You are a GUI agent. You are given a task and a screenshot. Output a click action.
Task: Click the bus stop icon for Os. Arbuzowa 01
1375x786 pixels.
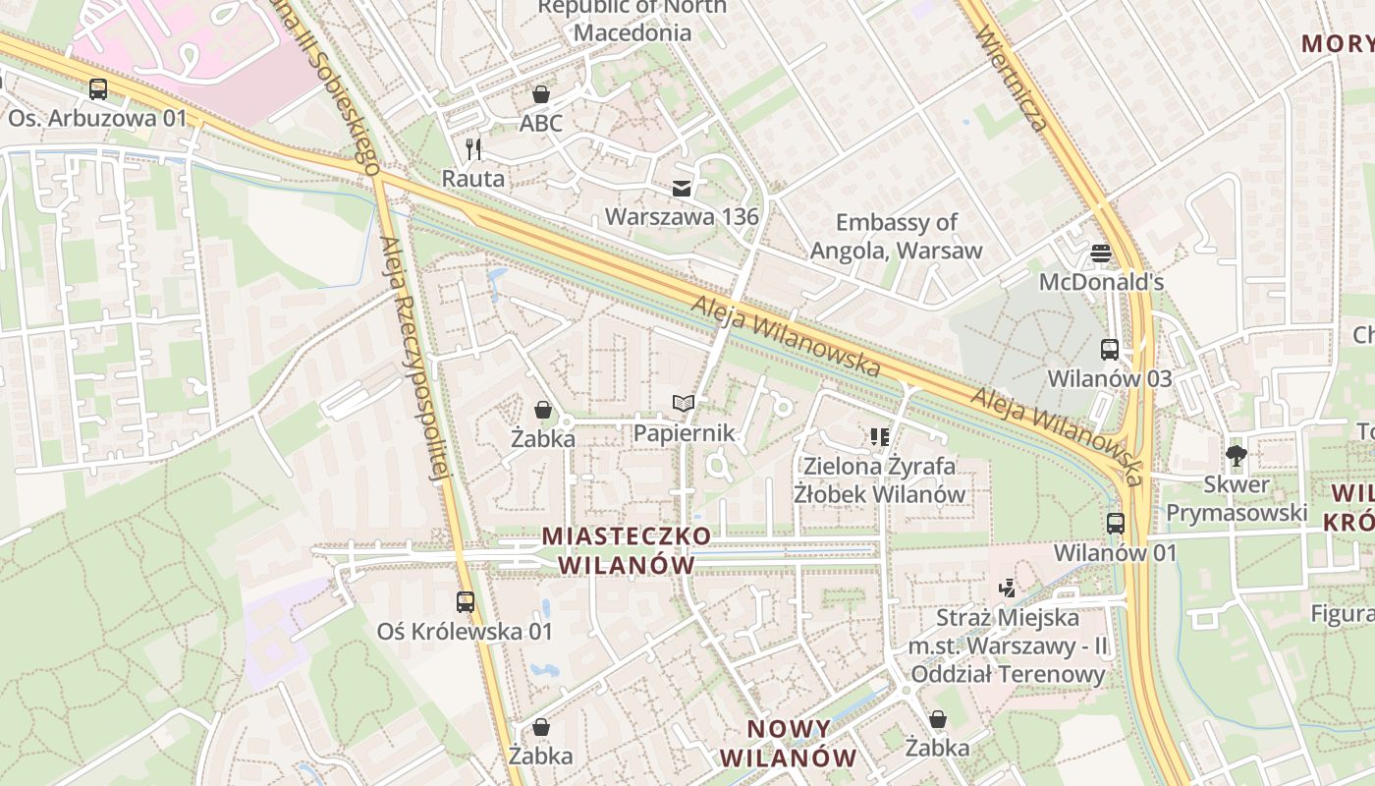(98, 88)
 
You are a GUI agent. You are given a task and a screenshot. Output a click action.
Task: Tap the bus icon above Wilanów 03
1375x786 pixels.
(1110, 350)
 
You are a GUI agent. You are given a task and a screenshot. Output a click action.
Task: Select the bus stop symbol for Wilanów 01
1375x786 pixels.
(1116, 524)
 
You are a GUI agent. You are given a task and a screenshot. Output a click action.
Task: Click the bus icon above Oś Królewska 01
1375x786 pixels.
(466, 602)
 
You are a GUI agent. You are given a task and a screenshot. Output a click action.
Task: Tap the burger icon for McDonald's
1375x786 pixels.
(1101, 253)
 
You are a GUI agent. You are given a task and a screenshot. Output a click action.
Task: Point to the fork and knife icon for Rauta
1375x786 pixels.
(474, 149)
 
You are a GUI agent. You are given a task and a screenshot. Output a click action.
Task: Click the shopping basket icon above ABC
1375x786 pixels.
(541, 94)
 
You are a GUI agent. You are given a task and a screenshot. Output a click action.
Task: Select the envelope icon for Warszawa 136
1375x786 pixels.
(682, 188)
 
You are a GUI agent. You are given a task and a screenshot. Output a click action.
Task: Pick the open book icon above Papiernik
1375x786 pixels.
(684, 404)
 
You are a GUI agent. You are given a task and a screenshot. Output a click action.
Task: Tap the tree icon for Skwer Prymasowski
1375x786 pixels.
(1236, 455)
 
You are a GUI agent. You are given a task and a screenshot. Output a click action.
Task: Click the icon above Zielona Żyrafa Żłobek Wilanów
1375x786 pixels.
(879, 436)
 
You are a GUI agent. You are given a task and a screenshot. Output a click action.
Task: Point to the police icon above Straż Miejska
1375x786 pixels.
(1007, 589)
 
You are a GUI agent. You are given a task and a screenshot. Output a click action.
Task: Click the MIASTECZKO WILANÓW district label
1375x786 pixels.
(627, 550)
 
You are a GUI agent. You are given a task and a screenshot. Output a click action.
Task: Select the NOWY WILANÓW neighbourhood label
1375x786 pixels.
(789, 744)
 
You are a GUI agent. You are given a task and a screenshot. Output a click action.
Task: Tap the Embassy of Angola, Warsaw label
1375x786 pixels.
(896, 236)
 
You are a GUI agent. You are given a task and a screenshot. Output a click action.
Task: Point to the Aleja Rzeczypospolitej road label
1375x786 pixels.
(412, 359)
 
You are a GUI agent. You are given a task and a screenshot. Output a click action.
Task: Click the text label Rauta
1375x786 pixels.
(473, 179)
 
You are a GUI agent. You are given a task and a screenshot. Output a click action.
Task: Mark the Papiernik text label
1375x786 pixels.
(684, 433)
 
